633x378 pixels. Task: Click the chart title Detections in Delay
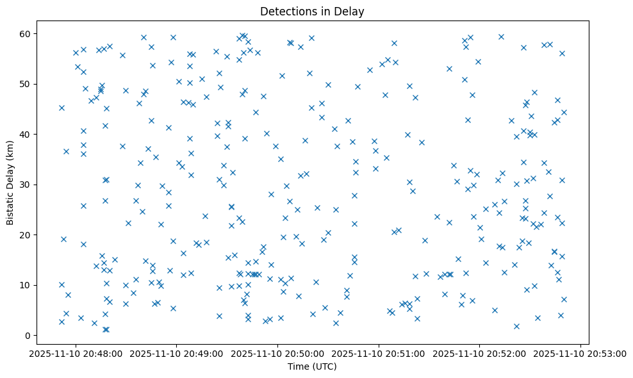pyautogui.click(x=312, y=12)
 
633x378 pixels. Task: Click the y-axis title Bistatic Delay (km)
pyautogui.click(x=10, y=183)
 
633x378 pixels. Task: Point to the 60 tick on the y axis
pyautogui.click(x=31, y=33)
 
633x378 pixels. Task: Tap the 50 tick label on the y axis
pyautogui.click(x=31, y=84)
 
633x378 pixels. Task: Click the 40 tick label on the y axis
pyautogui.click(x=31, y=134)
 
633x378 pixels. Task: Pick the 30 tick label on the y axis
pyautogui.click(x=31, y=185)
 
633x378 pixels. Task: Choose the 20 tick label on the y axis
pyautogui.click(x=31, y=234)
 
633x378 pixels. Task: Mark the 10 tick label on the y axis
pyautogui.click(x=31, y=285)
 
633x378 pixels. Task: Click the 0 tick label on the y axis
pyautogui.click(x=34, y=335)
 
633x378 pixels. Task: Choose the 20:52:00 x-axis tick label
pyautogui.click(x=480, y=353)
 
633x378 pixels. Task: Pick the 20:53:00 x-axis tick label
pyautogui.click(x=580, y=353)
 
